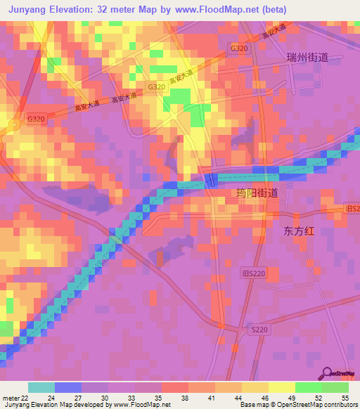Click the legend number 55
coord(345,397)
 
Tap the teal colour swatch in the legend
coord(41,387)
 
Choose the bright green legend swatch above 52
coord(309,387)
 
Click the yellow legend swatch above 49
coord(282,387)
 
